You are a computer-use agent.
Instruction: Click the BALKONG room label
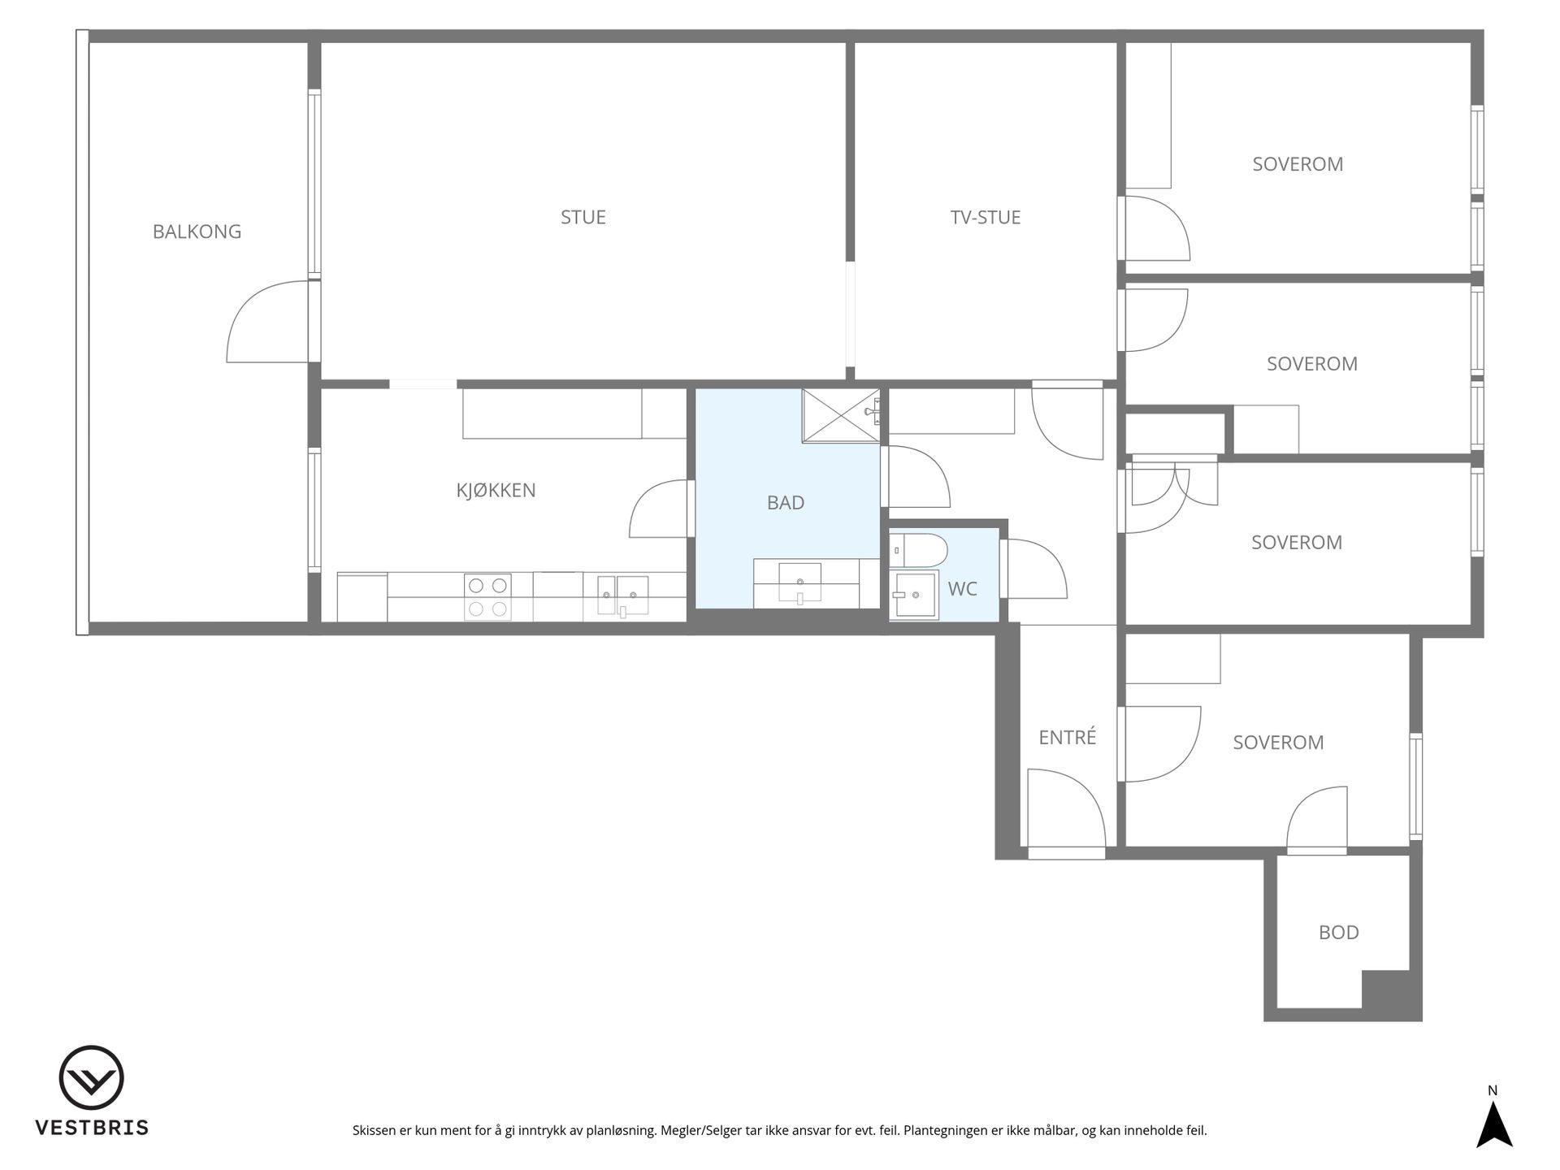197,232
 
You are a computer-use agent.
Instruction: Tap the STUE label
583,217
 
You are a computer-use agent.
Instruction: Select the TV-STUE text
986,217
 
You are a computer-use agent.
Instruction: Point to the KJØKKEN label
496,490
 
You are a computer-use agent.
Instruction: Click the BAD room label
786,503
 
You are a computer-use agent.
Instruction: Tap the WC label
963,589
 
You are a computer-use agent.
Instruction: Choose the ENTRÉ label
1068,736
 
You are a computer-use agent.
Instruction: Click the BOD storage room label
1339,932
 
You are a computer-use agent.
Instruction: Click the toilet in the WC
918,550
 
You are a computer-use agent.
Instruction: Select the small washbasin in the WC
914,596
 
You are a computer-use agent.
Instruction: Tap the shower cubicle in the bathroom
841,416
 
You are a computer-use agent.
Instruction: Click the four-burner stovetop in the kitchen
487,597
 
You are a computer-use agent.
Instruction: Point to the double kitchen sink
623,596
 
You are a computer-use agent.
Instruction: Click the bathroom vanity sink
800,583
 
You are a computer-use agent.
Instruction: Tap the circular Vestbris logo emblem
91,1077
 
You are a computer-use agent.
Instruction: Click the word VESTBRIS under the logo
91,1128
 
